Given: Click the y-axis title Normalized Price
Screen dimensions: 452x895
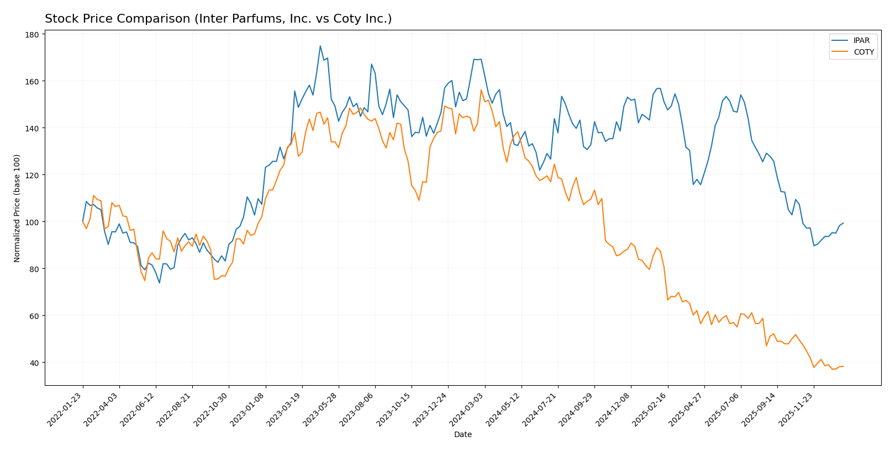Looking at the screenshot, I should (x=17, y=208).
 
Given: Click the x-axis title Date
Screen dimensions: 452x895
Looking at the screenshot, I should (x=462, y=435).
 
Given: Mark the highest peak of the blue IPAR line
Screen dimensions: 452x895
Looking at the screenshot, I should (x=320, y=46).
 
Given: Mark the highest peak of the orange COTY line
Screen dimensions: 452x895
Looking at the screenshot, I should (x=481, y=90).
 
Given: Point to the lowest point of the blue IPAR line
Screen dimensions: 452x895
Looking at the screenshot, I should (x=160, y=283).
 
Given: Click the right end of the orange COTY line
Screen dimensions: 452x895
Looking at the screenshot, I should (x=843, y=366).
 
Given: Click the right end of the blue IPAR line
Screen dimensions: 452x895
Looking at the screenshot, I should (x=843, y=223).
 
